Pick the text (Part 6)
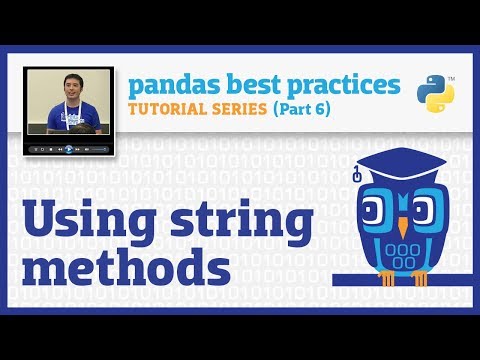coord(303,108)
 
